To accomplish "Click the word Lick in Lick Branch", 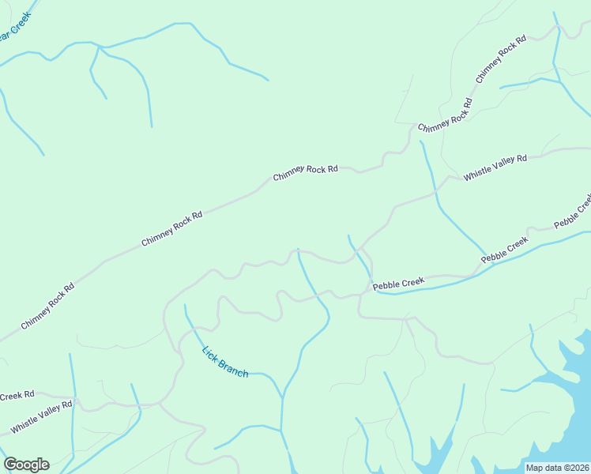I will point(210,355).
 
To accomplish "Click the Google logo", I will point(26,465).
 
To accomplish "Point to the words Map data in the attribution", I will point(543,468).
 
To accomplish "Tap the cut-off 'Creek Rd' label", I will point(17,395).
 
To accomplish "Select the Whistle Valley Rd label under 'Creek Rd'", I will point(41,417).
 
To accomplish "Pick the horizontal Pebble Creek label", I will point(398,283).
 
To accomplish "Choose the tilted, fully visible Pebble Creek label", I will point(505,249).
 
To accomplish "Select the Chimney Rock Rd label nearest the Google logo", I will point(47,306).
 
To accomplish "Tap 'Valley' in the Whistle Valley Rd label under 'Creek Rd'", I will point(43,416).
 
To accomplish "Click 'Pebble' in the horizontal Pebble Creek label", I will point(386,284).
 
